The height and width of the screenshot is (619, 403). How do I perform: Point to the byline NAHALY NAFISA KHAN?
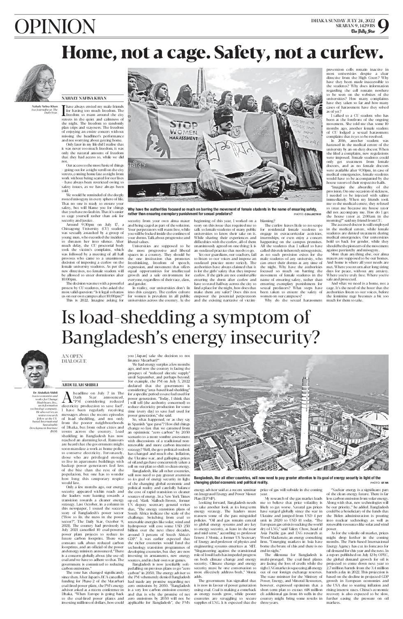[x=84, y=98]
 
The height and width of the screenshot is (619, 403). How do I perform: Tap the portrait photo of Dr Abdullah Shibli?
[x=37, y=368]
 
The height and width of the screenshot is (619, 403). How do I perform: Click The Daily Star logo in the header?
[x=362, y=31]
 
